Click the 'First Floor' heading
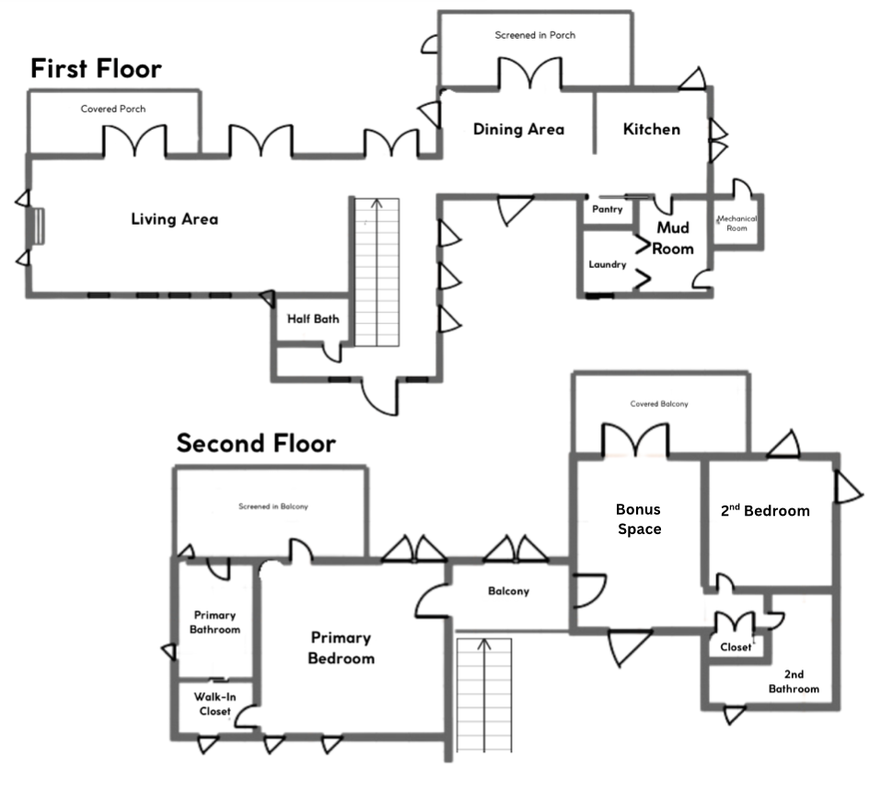click(x=96, y=69)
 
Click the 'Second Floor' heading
click(x=256, y=444)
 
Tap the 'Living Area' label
click(x=174, y=219)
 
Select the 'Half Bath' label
click(x=313, y=320)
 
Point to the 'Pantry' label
click(x=608, y=210)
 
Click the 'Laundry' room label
click(x=608, y=264)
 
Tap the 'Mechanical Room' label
click(x=737, y=223)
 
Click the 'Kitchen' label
click(x=652, y=129)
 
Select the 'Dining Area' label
click(x=518, y=129)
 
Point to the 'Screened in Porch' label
click(x=535, y=36)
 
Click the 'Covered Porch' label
click(x=112, y=109)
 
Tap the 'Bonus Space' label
click(x=638, y=518)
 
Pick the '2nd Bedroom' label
click(x=765, y=510)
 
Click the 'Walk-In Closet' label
click(x=215, y=704)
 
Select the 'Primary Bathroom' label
click(x=215, y=623)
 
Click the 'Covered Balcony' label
click(x=659, y=404)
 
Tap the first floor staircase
click(x=377, y=272)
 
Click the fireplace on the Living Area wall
click(x=40, y=227)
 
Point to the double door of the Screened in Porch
click(x=529, y=75)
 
